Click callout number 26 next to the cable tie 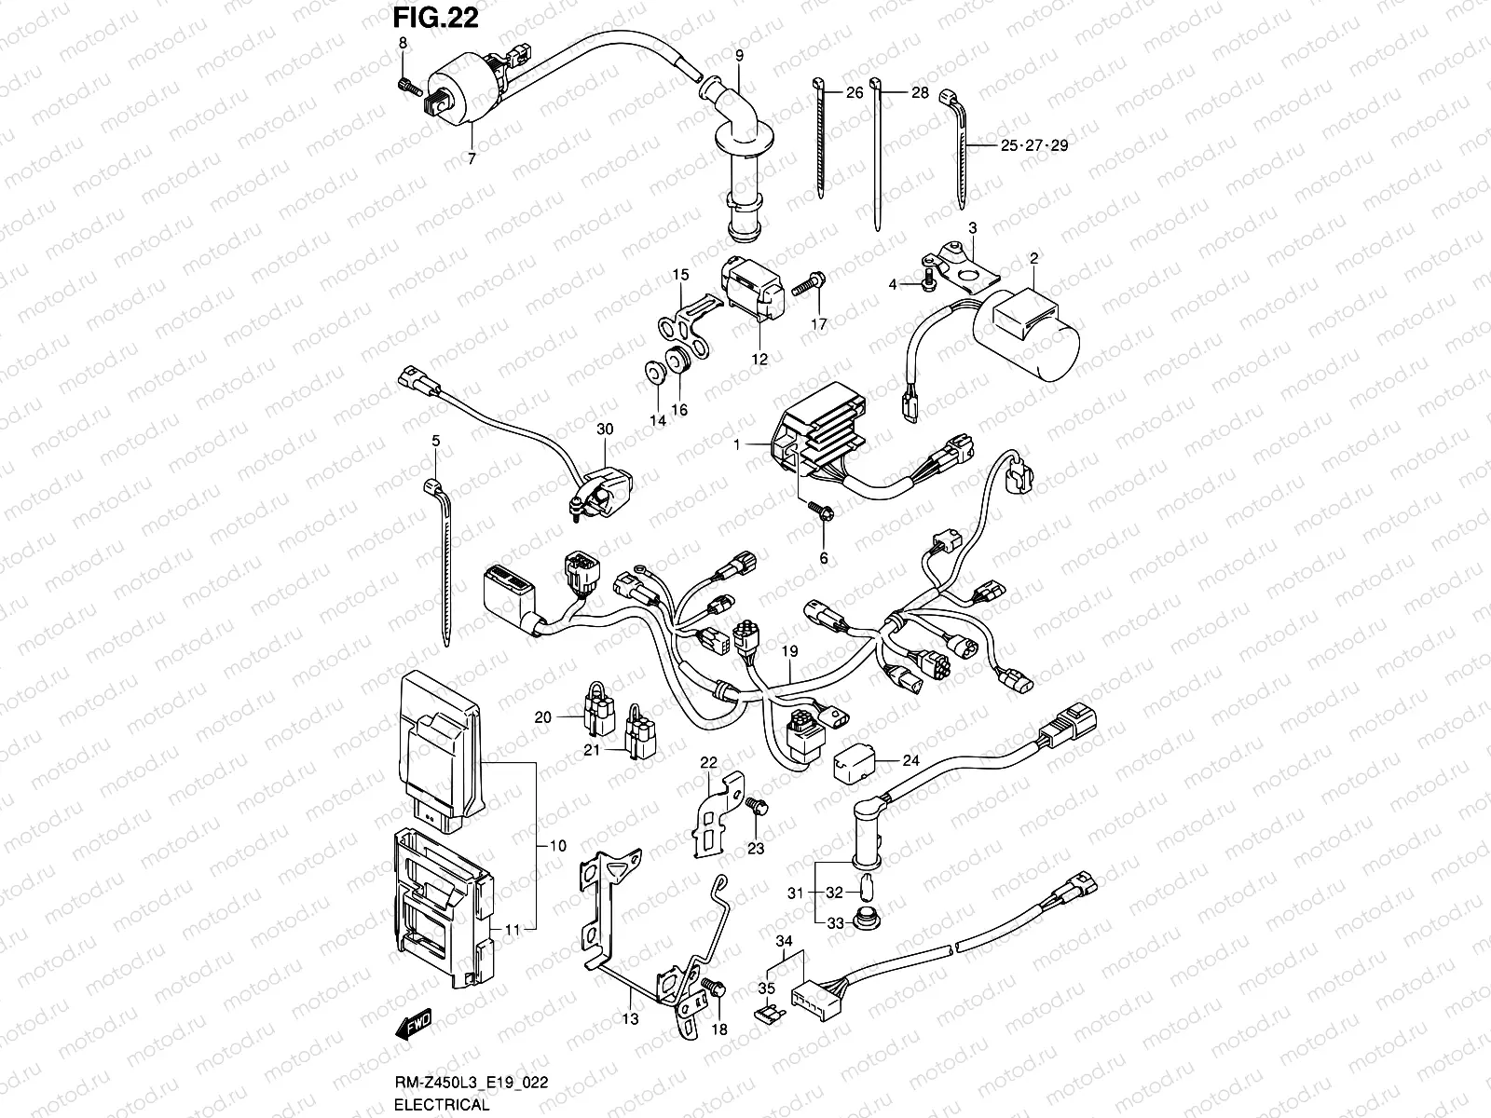pos(855,93)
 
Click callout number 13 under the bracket pos(631,1019)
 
